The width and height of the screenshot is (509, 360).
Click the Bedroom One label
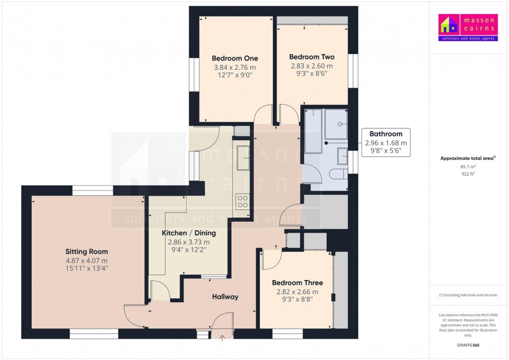(235, 58)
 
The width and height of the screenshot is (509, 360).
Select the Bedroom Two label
(312, 57)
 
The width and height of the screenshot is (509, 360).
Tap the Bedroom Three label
(298, 283)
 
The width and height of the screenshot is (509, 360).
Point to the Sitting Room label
(87, 251)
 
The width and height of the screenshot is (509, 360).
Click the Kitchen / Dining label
(189, 233)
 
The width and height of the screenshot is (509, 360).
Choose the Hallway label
(225, 297)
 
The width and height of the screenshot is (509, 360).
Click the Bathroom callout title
(385, 134)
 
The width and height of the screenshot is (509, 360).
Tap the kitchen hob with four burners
(243, 201)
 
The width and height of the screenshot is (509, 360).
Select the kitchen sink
(243, 158)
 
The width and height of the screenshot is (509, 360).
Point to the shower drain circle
(340, 124)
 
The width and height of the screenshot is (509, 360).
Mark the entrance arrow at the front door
(223, 339)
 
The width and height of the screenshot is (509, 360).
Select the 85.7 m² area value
(468, 167)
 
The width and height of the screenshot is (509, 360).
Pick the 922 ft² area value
(468, 174)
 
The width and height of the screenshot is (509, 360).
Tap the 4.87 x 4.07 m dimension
(87, 261)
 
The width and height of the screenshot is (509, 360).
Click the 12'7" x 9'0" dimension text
(235, 75)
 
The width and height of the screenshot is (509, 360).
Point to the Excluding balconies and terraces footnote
(468, 295)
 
